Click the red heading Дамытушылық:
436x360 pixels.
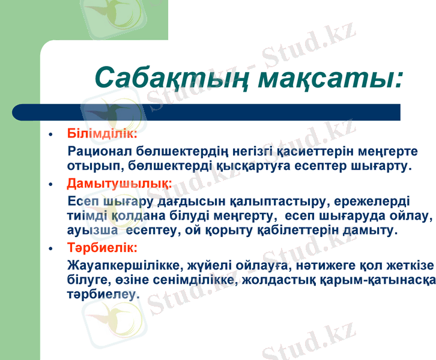(x=120, y=182)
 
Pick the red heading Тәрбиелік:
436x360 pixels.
(x=103, y=247)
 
